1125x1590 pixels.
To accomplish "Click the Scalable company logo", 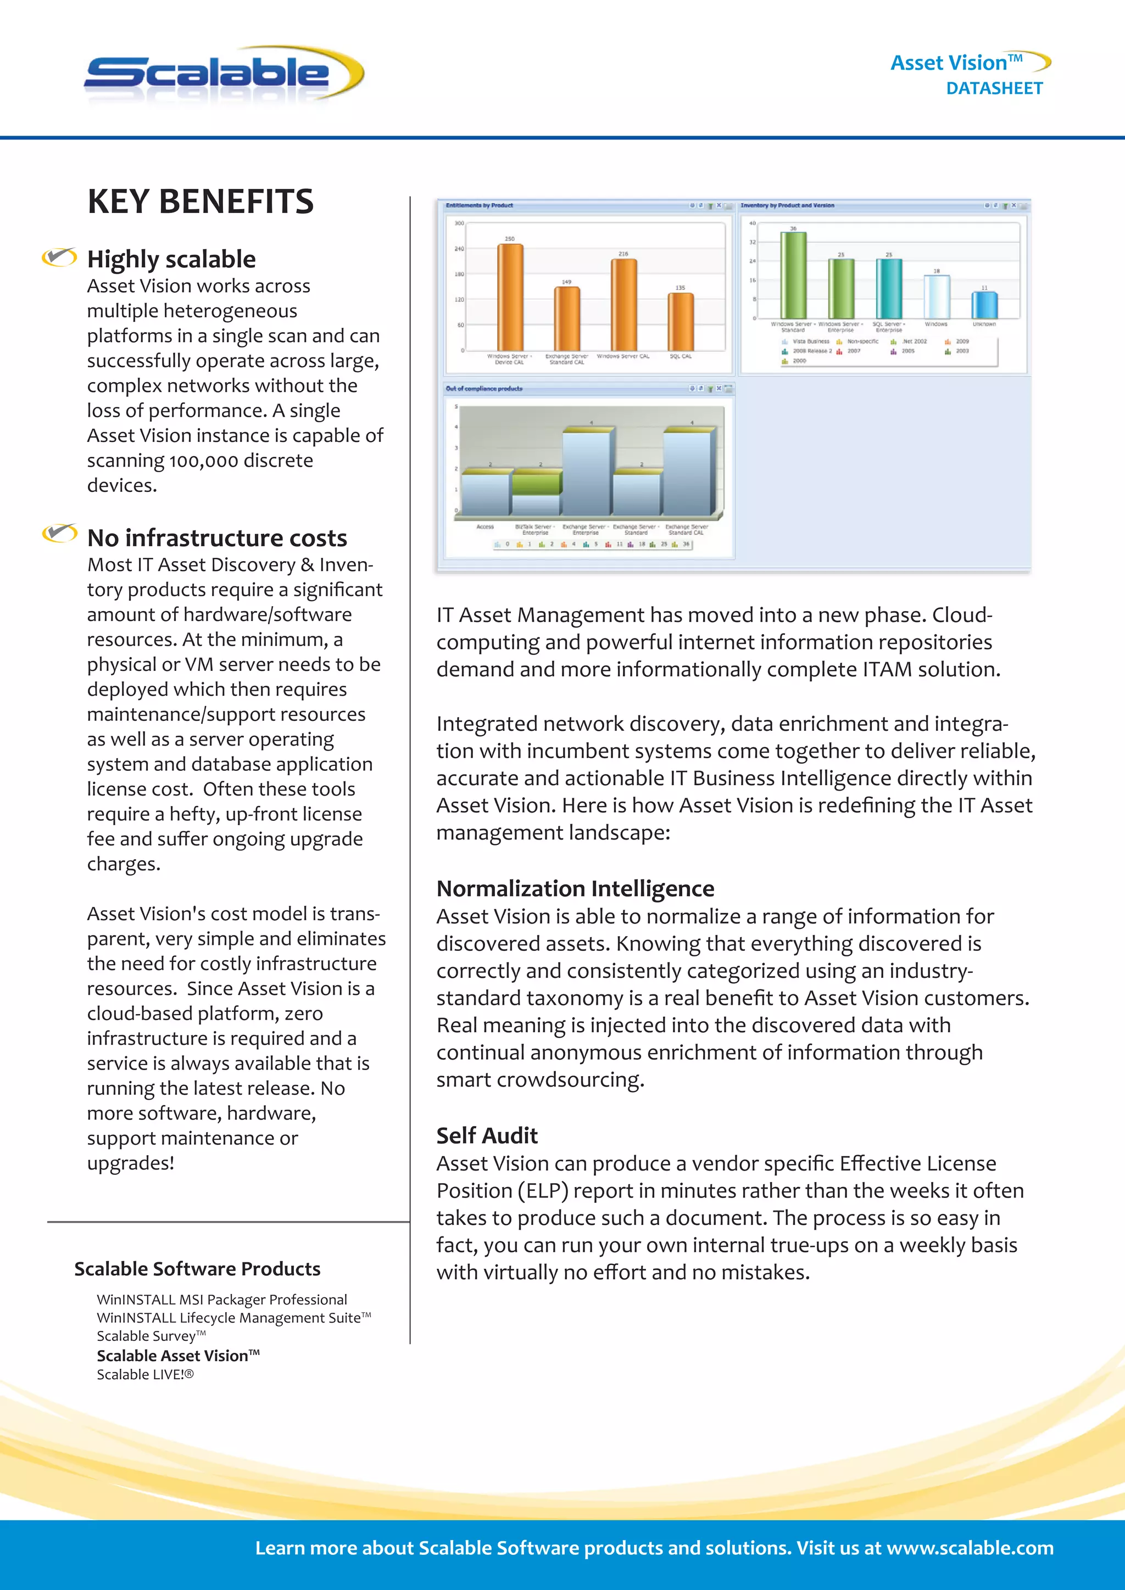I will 223,75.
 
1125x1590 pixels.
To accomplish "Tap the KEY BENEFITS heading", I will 200,201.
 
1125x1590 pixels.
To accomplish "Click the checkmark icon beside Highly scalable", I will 59,257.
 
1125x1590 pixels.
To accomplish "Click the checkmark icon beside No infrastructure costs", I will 59,533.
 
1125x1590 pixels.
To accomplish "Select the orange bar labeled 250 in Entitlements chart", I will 510,296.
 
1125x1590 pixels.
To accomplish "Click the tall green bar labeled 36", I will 793,275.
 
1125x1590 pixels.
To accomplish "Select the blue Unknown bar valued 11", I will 984,305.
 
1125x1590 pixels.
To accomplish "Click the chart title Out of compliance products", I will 484,389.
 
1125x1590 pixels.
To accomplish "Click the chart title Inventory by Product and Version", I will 787,206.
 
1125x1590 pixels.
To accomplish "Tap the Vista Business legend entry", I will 809,341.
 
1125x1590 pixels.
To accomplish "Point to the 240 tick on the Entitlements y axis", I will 459,249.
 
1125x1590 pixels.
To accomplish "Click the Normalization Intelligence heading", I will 575,888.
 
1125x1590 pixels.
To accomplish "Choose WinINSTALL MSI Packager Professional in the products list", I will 222,1300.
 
